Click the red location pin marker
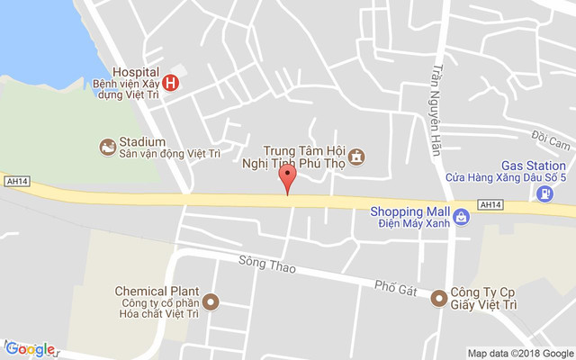coord(287,176)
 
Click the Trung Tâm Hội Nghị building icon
coord(357,157)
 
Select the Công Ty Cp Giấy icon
coord(439,298)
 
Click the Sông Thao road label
coord(261,263)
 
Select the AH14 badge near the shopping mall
coord(490,205)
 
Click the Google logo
coord(31,349)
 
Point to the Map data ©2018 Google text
coord(519,353)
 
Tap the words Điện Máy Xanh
coord(413,222)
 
